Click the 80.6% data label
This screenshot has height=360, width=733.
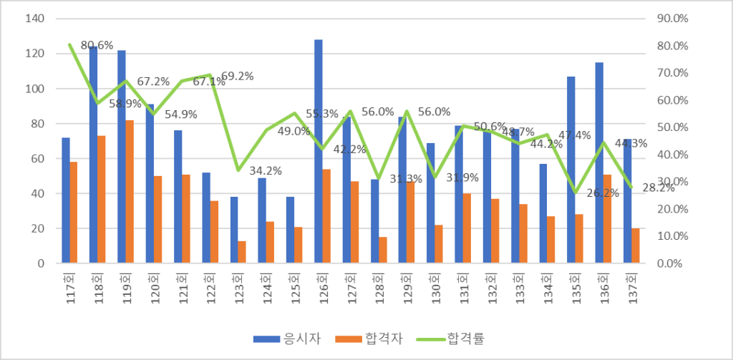pyautogui.click(x=97, y=45)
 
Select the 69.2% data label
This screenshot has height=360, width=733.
pyautogui.click(x=237, y=76)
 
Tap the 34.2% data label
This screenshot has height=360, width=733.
pyautogui.click(x=265, y=171)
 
